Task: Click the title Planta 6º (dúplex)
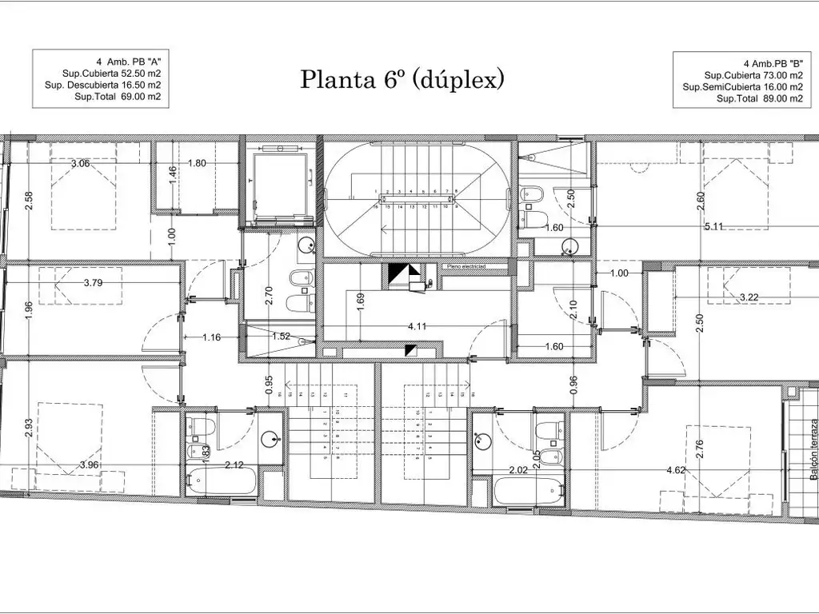[402, 79]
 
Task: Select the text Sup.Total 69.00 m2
[118, 97]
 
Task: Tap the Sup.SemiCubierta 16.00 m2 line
[742, 86]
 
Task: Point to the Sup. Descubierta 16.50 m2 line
[102, 84]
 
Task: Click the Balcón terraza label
[813, 451]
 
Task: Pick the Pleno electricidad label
[466, 266]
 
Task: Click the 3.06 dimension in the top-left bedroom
[80, 164]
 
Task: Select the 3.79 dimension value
[95, 282]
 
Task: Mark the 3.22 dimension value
[749, 297]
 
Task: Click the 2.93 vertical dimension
[30, 429]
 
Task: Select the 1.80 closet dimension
[197, 164]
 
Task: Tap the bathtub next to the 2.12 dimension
[218, 481]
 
